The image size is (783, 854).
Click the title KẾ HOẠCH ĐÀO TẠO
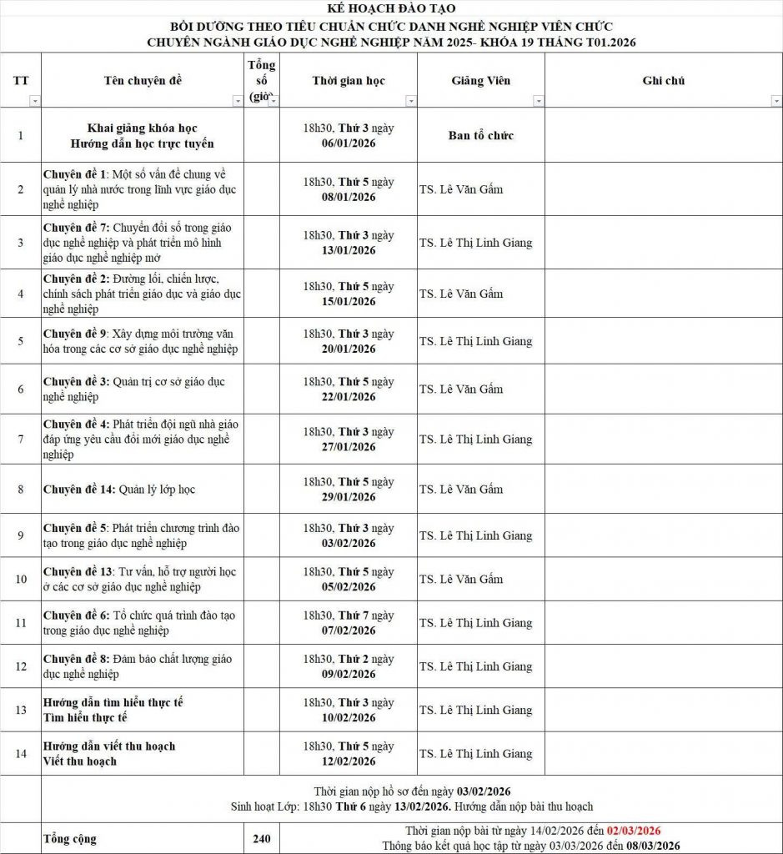(391, 8)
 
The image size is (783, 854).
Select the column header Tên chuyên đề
(143, 81)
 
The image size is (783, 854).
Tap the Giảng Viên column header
(481, 81)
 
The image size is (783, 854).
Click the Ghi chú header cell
(663, 81)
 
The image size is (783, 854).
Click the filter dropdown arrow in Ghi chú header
(775, 101)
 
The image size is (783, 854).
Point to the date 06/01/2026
(349, 143)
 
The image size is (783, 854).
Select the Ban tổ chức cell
(481, 136)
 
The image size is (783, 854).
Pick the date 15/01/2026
(349, 301)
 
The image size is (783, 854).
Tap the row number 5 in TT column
(21, 341)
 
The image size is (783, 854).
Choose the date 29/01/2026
(349, 497)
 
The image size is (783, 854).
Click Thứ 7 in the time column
(354, 615)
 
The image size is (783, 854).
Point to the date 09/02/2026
(349, 674)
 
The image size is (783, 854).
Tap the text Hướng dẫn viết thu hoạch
(109, 746)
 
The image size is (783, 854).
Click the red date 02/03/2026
(634, 831)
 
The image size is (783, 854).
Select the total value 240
(261, 839)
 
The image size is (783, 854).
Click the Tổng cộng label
(69, 839)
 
